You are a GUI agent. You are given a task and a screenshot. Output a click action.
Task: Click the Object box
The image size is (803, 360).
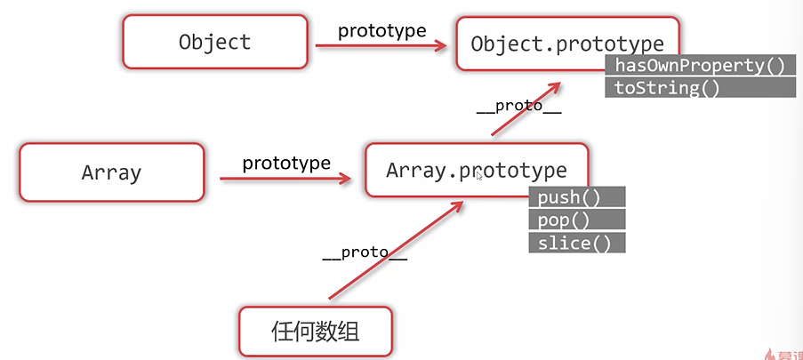tap(214, 42)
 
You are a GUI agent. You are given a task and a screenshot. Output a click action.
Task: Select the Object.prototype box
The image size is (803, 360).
tap(567, 44)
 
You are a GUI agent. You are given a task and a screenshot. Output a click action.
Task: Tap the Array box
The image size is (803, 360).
tap(111, 172)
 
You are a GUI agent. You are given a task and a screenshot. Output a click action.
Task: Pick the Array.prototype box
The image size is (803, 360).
tap(476, 170)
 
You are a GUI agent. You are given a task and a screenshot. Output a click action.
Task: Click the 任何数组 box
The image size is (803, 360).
tap(316, 332)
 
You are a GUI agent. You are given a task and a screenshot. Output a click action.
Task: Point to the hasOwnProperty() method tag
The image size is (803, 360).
tap(699, 65)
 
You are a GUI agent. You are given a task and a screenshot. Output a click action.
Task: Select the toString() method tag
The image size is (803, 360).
tap(662, 87)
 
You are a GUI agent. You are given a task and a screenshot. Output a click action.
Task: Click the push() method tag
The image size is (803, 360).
tap(577, 197)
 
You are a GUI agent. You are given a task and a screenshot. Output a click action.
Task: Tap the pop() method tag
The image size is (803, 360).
tap(577, 220)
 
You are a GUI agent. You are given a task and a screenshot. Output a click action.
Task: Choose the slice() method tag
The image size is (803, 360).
tap(577, 242)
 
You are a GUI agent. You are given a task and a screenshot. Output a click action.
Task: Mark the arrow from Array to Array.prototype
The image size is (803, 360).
tap(285, 179)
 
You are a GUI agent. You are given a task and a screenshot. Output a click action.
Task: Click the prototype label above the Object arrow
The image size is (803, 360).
tap(381, 29)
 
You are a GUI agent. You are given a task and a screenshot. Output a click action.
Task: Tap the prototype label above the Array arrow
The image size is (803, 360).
tap(286, 164)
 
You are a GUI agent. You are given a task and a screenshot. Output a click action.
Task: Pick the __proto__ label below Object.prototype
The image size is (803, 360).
tap(518, 105)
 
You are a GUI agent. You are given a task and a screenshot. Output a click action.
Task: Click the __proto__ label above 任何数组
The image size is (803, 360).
tap(365, 252)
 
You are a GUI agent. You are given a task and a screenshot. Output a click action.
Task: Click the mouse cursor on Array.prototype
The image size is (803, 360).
tap(480, 176)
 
